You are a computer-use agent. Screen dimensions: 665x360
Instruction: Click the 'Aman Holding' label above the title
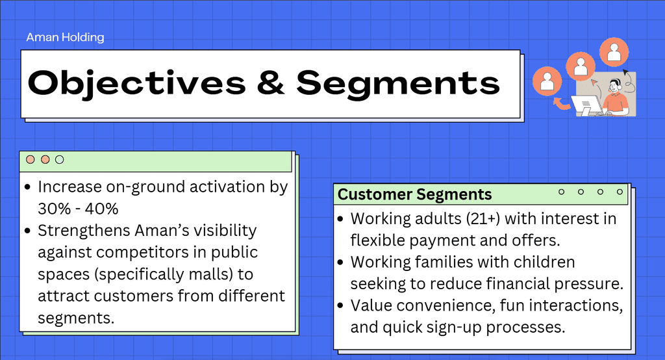click(65, 37)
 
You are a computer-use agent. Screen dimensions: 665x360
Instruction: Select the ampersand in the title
click(271, 83)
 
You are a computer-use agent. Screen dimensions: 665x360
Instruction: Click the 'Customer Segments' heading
click(414, 194)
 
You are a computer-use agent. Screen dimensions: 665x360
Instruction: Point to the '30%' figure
click(55, 209)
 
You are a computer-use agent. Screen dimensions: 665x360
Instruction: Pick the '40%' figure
click(101, 209)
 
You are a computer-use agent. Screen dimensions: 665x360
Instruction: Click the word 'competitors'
click(146, 253)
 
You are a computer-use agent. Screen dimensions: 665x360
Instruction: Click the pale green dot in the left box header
click(60, 160)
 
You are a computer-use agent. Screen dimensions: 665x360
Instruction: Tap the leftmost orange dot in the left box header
click(30, 160)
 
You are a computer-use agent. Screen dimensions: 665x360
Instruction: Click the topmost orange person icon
click(614, 52)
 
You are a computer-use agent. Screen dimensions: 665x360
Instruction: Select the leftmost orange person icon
click(547, 81)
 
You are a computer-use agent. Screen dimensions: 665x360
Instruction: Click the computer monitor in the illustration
click(586, 105)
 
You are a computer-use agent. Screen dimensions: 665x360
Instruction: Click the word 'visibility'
click(225, 231)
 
